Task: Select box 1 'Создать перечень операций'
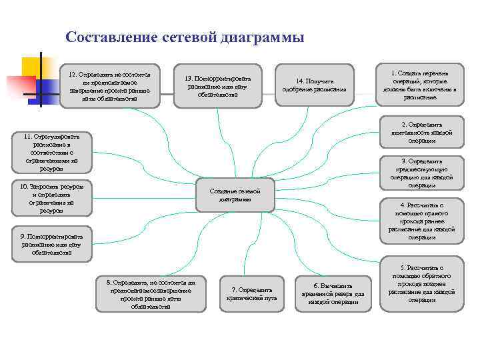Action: tap(420, 85)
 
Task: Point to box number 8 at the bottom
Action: tap(146, 294)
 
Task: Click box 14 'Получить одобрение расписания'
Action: tap(315, 85)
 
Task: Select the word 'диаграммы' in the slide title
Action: tap(271, 37)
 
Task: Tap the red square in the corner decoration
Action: tap(20, 86)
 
